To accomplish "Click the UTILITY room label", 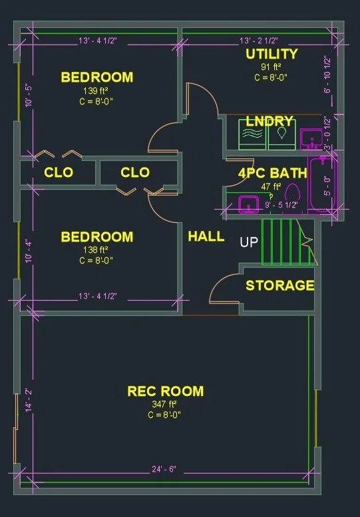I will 271,54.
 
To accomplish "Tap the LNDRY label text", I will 269,121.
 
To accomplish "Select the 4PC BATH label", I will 273,173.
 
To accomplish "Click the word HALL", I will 206,236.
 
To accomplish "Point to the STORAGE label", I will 279,286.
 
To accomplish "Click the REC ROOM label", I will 166,391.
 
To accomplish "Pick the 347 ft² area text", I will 165,404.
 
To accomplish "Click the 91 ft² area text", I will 271,67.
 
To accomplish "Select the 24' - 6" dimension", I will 164,469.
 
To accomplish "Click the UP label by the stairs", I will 249,242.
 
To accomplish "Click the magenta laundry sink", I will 309,138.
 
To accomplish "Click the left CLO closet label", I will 59,173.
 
